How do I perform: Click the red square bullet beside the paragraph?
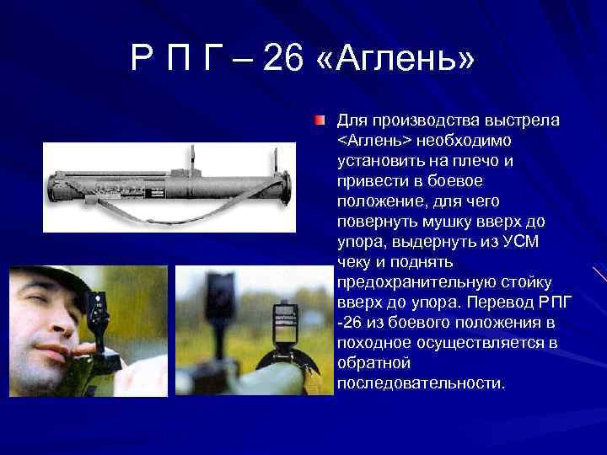[x=319, y=121]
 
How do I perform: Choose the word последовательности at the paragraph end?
[x=421, y=383]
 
